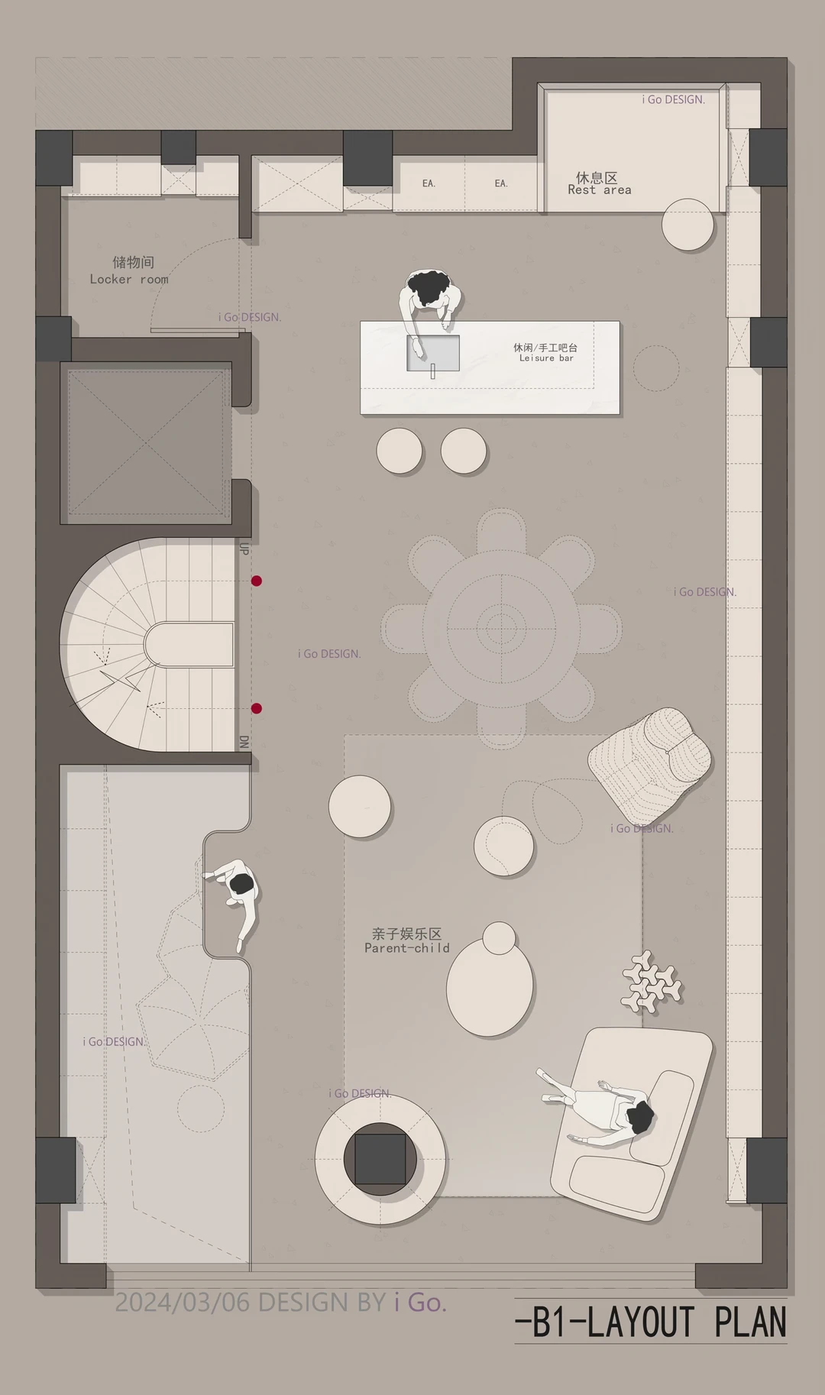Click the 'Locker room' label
[129, 280]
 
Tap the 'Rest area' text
[600, 190]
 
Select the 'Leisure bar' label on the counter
[546, 358]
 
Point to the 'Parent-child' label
[407, 948]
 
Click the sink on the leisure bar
[433, 353]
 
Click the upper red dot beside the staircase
[257, 581]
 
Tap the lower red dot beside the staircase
[257, 708]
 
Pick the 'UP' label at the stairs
[244, 549]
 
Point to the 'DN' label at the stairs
[244, 742]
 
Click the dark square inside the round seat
[380, 1160]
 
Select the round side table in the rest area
[687, 224]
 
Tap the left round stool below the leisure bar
[400, 450]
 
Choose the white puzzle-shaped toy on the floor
[651, 982]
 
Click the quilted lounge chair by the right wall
[651, 763]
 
